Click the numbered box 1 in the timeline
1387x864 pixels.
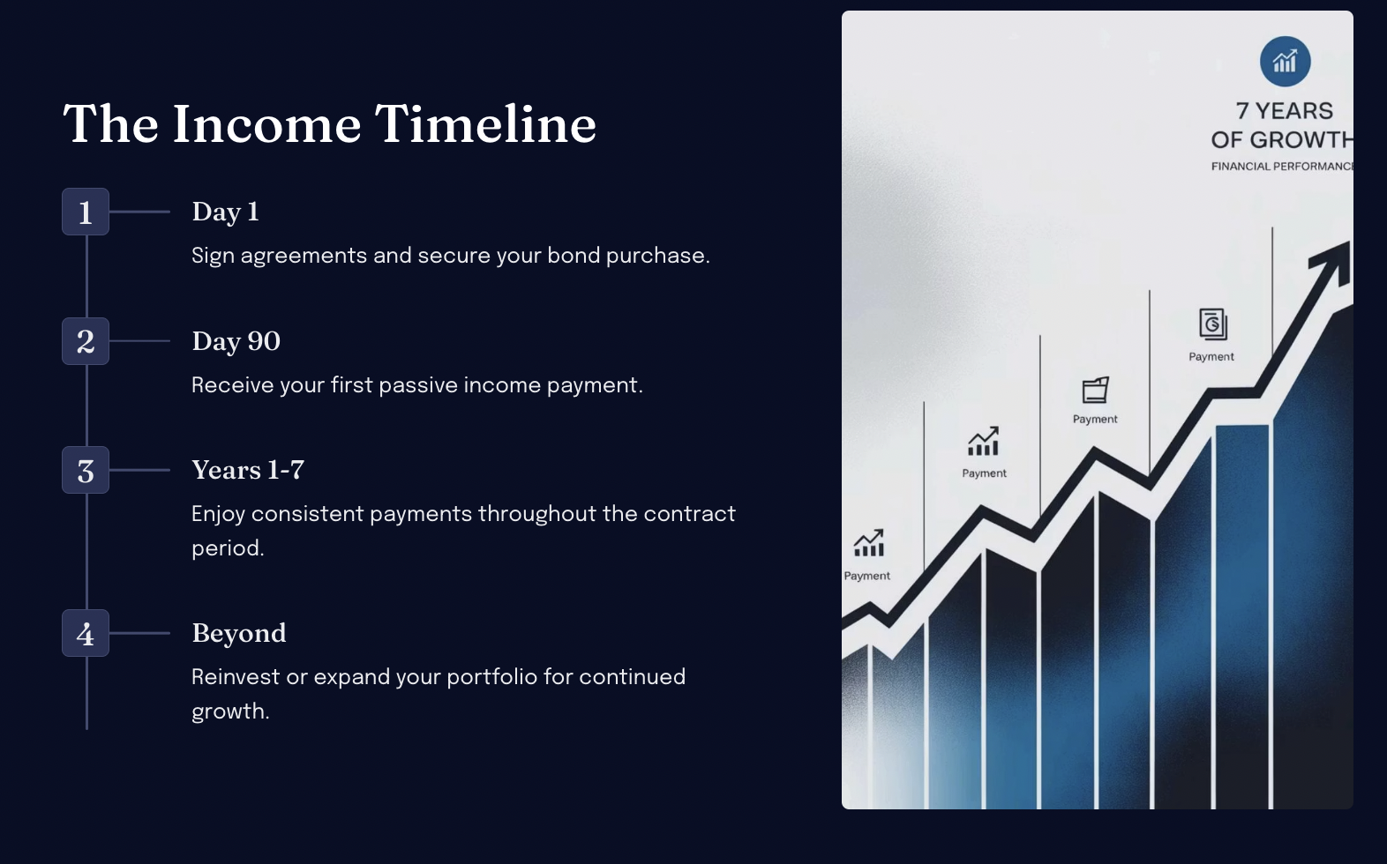click(x=86, y=212)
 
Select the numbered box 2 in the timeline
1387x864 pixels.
click(x=86, y=341)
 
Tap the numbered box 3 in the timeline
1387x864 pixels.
click(x=86, y=470)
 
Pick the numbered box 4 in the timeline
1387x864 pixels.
click(x=86, y=633)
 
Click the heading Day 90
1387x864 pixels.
click(x=236, y=341)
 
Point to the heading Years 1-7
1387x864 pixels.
click(x=248, y=470)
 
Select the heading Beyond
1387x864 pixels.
click(x=239, y=633)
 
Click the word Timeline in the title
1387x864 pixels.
click(x=485, y=123)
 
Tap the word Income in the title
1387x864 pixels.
click(x=266, y=123)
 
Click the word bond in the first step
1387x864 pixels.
click(x=574, y=255)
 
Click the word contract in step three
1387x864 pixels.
click(x=689, y=514)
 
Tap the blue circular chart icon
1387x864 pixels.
click(x=1285, y=61)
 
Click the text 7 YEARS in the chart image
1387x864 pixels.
click(x=1284, y=111)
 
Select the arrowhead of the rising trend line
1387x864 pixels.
click(x=1333, y=263)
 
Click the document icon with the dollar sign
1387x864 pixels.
click(x=1212, y=324)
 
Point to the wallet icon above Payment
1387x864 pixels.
click(x=1095, y=390)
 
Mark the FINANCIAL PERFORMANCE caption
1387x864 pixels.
click(x=1282, y=166)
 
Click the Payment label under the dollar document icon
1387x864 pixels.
click(x=1211, y=356)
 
